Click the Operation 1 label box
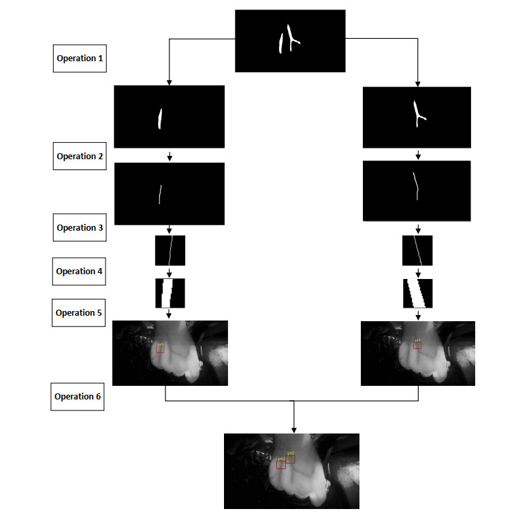[80, 59]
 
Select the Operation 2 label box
[80, 157]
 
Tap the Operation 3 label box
[80, 228]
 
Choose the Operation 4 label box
[80, 272]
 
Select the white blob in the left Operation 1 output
[160, 118]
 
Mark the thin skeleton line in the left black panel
[160, 195]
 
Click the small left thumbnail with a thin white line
[170, 250]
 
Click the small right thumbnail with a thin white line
[417, 250]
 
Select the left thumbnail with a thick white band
[170, 293]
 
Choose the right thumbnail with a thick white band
[417, 293]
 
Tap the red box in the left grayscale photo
[161, 348]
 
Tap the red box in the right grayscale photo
[418, 345]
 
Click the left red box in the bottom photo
[281, 464]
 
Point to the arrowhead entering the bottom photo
[293, 429]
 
